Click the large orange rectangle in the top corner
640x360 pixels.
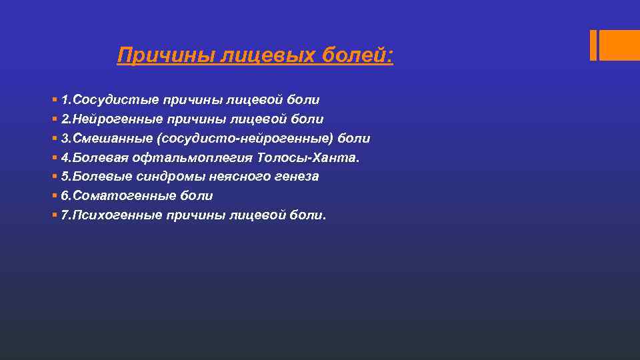(620, 45)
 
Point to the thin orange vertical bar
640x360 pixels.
(593, 45)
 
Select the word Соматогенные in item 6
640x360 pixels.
(120, 196)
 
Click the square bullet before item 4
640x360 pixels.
(53, 158)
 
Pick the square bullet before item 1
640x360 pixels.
(53, 100)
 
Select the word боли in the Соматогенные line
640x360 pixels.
(197, 196)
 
